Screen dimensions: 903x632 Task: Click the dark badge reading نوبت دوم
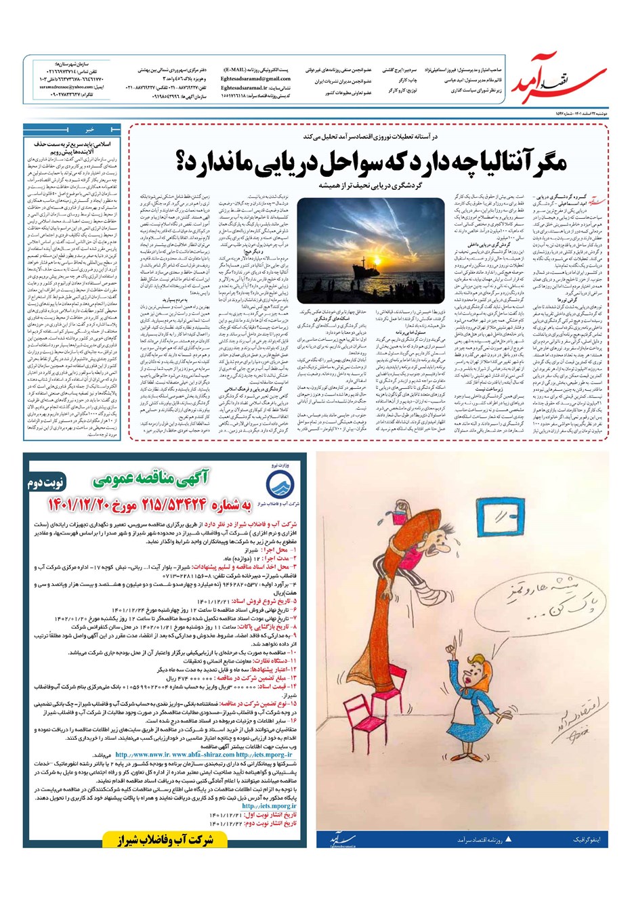tap(48, 484)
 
